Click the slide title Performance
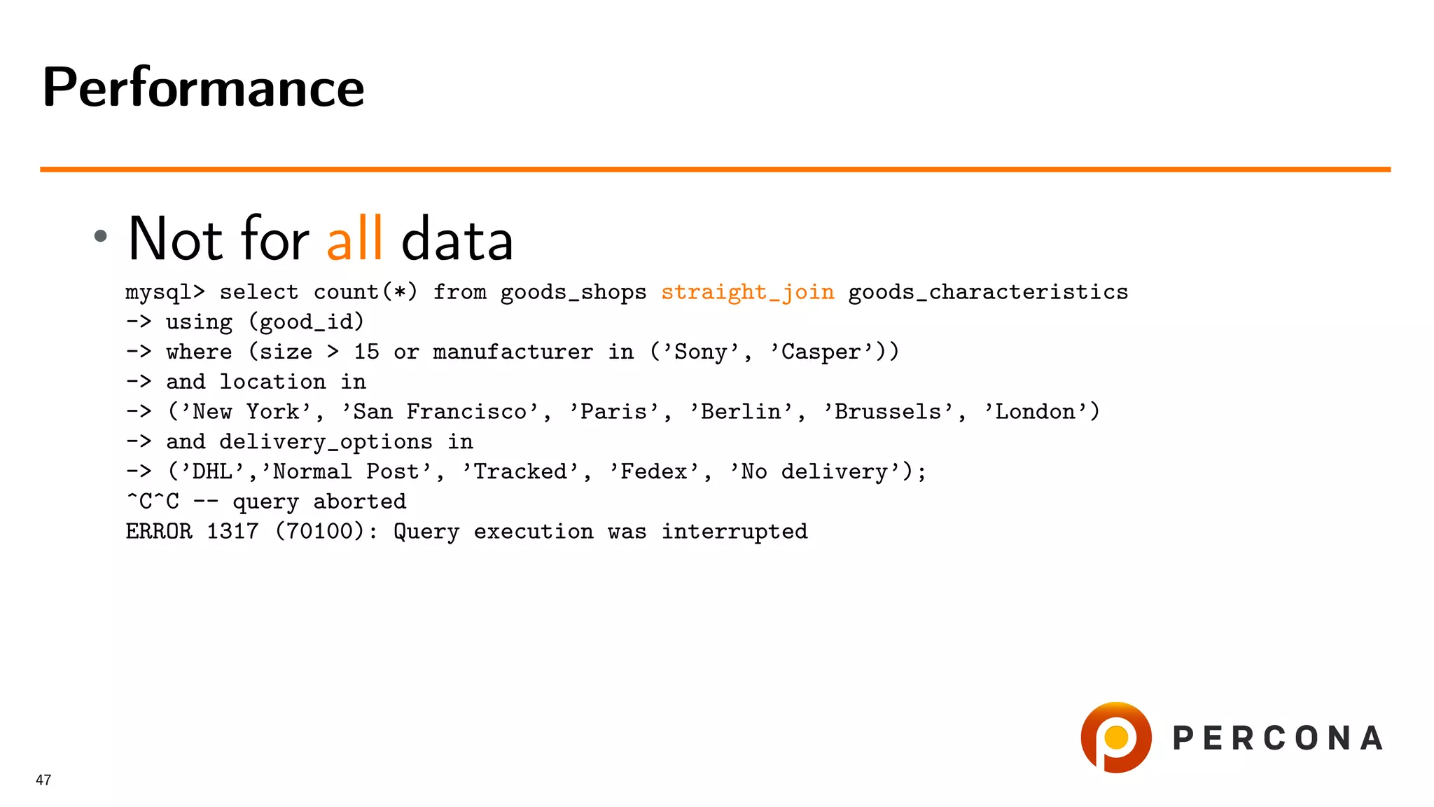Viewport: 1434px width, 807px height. tap(203, 88)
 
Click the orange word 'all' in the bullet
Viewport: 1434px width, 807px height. tap(354, 238)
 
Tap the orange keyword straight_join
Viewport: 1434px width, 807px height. tap(747, 291)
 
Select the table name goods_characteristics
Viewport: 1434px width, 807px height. tap(988, 291)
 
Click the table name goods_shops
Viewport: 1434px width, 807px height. tap(573, 291)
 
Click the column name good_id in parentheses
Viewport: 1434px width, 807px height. tap(306, 322)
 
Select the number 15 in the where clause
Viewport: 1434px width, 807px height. tap(366, 352)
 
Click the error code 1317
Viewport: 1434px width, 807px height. tap(232, 531)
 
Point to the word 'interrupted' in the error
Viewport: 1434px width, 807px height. tap(735, 531)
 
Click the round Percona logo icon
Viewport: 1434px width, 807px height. tap(1115, 737)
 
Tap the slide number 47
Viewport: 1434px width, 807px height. tap(43, 780)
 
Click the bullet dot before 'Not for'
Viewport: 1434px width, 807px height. tap(101, 236)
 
